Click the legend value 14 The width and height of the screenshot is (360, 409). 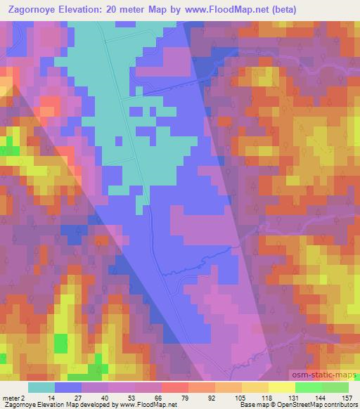tap(55, 398)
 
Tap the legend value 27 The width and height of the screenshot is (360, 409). tap(82, 398)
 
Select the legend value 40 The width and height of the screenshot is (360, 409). tap(108, 398)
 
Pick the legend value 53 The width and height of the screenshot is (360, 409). tap(135, 398)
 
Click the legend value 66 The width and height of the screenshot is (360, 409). tap(162, 398)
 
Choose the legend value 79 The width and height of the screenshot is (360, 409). tap(188, 398)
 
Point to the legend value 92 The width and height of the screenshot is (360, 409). tap(215, 398)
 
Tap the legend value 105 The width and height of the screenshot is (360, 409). tap(242, 398)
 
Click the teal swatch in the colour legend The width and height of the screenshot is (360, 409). tap(41, 387)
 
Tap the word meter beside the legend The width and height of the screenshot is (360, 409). tap(11, 398)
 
